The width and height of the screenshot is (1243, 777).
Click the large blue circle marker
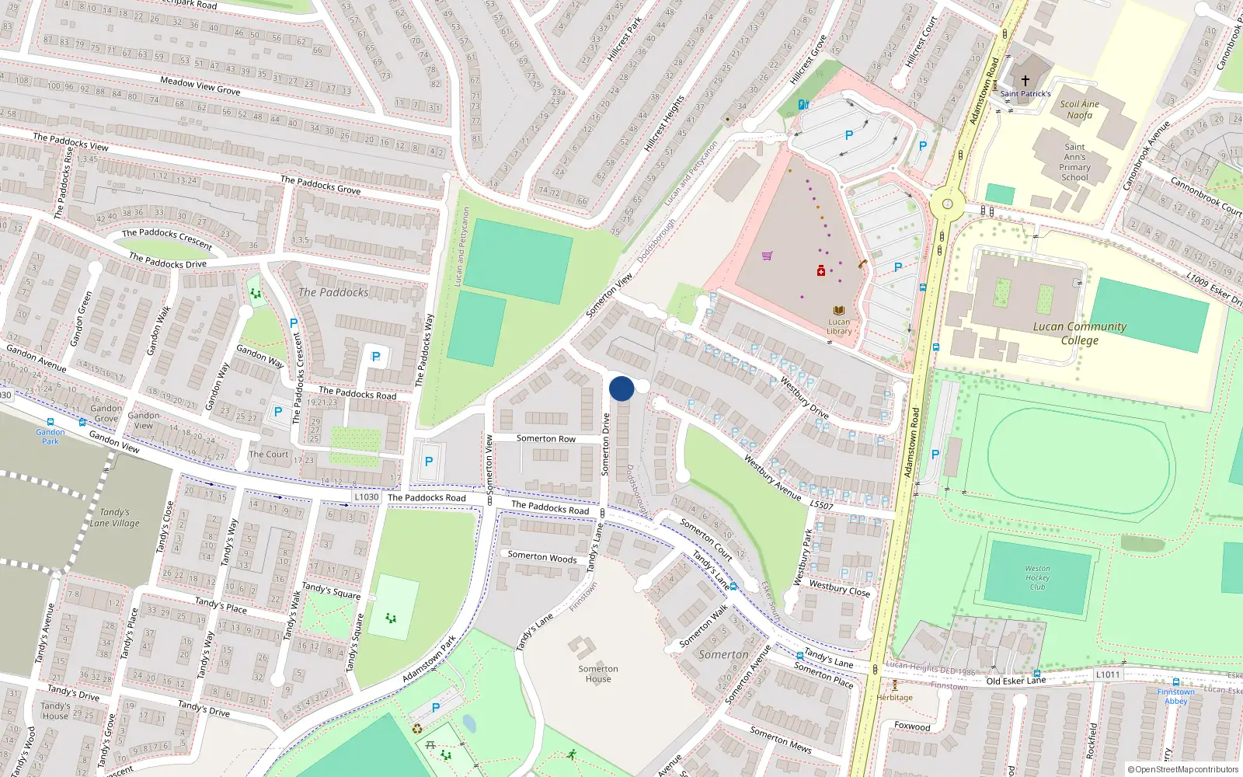(621, 388)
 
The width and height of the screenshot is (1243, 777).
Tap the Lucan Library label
(839, 326)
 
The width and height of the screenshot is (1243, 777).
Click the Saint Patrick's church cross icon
(1025, 81)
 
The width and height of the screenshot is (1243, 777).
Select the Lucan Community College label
(1080, 333)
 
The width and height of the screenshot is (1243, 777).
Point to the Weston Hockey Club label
(1037, 577)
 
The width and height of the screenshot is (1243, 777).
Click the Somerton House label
(598, 674)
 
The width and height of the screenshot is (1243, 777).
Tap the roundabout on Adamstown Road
(947, 204)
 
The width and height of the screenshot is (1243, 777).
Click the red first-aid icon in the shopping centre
(821, 270)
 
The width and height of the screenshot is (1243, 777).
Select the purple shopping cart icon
(768, 255)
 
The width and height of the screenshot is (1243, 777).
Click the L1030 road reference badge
(367, 497)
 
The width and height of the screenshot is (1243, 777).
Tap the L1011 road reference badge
(1109, 674)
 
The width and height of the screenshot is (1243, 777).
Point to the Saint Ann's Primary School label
(1074, 162)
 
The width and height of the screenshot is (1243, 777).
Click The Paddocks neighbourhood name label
(333, 292)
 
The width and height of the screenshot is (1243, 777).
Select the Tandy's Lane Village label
(115, 517)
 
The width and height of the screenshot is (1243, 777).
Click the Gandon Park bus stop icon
(50, 422)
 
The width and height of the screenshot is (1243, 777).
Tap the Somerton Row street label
(546, 439)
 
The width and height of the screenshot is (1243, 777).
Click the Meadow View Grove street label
(200, 85)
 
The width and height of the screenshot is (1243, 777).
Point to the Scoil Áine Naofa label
(1080, 110)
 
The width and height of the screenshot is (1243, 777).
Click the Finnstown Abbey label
(1176, 696)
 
